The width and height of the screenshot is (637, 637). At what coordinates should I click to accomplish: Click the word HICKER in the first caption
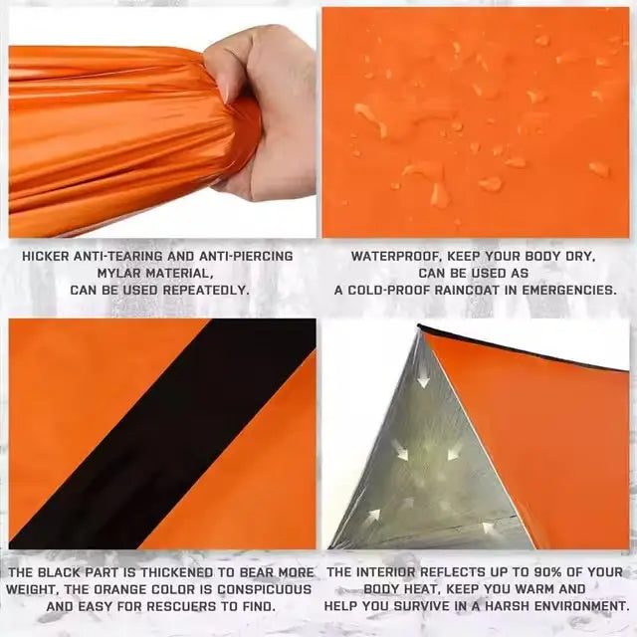46,257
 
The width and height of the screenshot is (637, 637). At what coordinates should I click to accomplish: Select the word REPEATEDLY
206,291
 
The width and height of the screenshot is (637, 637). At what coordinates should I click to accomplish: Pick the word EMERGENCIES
569,291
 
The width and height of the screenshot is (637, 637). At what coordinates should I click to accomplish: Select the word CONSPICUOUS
265,589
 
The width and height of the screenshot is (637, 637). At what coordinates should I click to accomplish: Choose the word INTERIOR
387,572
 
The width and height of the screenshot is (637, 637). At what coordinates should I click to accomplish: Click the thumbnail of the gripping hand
162,122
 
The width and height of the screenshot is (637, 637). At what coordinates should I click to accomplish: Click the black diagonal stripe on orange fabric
162,434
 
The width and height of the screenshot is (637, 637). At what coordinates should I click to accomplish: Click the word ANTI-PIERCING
246,257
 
